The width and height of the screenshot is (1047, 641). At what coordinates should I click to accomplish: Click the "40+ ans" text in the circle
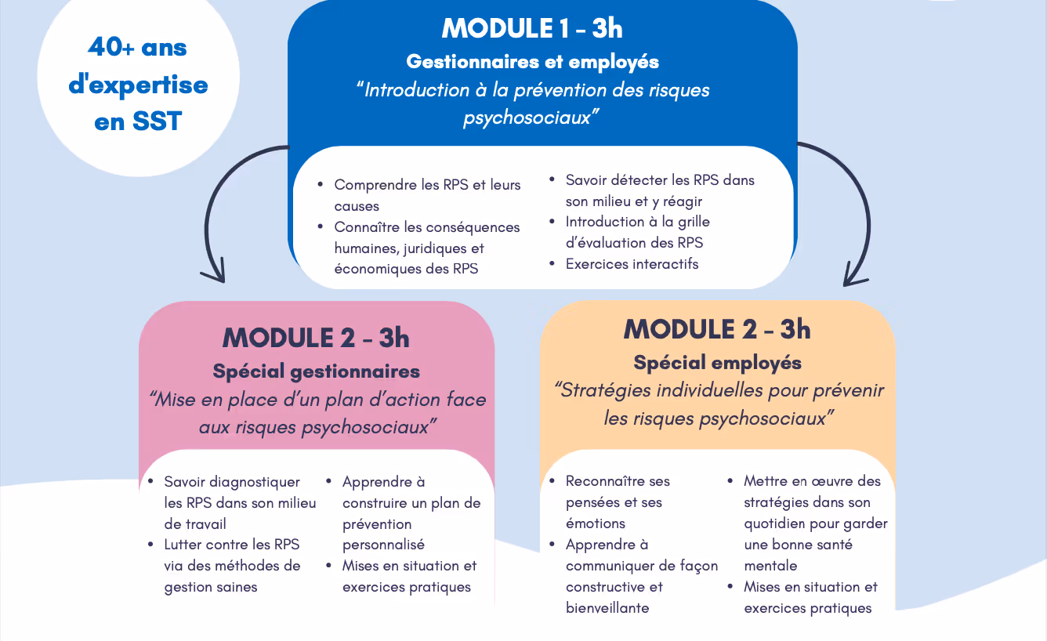pos(137,48)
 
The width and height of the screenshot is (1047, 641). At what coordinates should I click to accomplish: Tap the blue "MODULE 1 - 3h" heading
pos(532,28)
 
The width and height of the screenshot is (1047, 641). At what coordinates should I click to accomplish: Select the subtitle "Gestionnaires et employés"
pos(532,61)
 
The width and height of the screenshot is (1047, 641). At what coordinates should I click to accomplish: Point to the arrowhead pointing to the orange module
pos(853,277)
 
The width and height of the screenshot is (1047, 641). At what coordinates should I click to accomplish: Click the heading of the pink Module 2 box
pos(316,338)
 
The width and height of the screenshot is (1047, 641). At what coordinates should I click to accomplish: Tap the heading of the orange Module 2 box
pos(717,329)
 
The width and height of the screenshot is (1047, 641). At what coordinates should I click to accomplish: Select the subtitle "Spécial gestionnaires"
pos(316,371)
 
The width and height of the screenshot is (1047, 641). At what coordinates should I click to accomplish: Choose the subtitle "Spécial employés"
pos(717,363)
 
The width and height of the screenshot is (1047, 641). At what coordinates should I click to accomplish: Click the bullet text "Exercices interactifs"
pos(632,264)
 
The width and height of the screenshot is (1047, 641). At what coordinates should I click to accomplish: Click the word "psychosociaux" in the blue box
pos(527,118)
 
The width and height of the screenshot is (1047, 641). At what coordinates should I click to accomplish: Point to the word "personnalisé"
pos(383,545)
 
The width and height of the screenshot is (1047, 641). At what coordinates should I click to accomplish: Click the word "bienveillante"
pos(607,608)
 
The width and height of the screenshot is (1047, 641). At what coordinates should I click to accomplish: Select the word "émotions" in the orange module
pos(595,523)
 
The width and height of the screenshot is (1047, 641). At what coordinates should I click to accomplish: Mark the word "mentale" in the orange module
pos(770,566)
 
